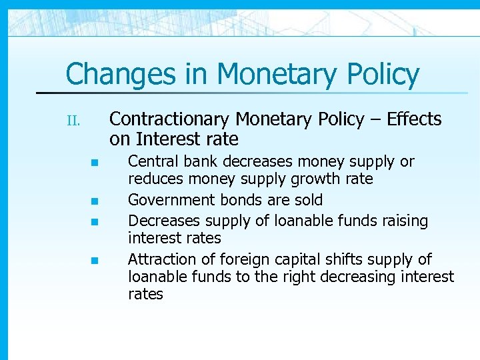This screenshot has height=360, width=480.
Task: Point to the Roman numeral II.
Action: [x=73, y=121]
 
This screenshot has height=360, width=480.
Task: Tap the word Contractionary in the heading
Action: [x=169, y=119]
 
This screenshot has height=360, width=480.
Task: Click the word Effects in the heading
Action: [x=414, y=119]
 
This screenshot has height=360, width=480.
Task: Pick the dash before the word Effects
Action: [x=376, y=120]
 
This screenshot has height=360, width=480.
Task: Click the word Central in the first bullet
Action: [x=151, y=162]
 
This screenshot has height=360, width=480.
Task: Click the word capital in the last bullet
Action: [x=299, y=259]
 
